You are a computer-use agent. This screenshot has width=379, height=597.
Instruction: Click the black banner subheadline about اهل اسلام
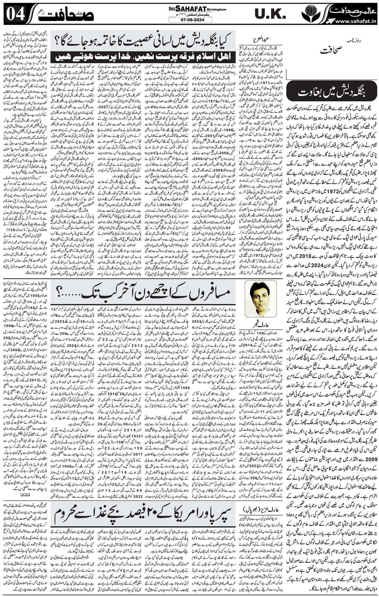click(x=144, y=57)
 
